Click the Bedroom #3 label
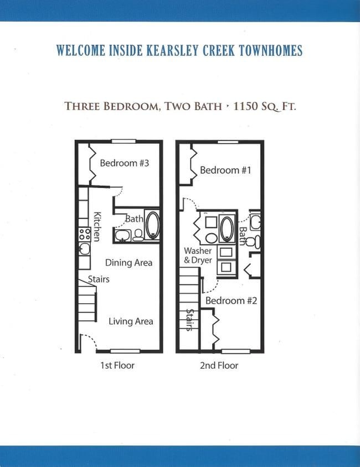[x=125, y=163]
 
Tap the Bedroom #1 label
[x=225, y=170]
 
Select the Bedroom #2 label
[x=231, y=300]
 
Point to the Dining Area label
[x=128, y=263]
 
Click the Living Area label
[x=131, y=321]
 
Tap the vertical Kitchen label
[x=97, y=226]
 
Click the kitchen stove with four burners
[x=84, y=233]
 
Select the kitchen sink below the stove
[x=84, y=247]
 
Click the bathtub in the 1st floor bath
[x=152, y=225]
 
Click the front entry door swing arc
[x=89, y=342]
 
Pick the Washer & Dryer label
[x=198, y=255]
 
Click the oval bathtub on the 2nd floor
[x=227, y=229]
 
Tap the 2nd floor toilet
[x=252, y=242]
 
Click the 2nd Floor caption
[x=219, y=365]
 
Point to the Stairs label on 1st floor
[x=99, y=279]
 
